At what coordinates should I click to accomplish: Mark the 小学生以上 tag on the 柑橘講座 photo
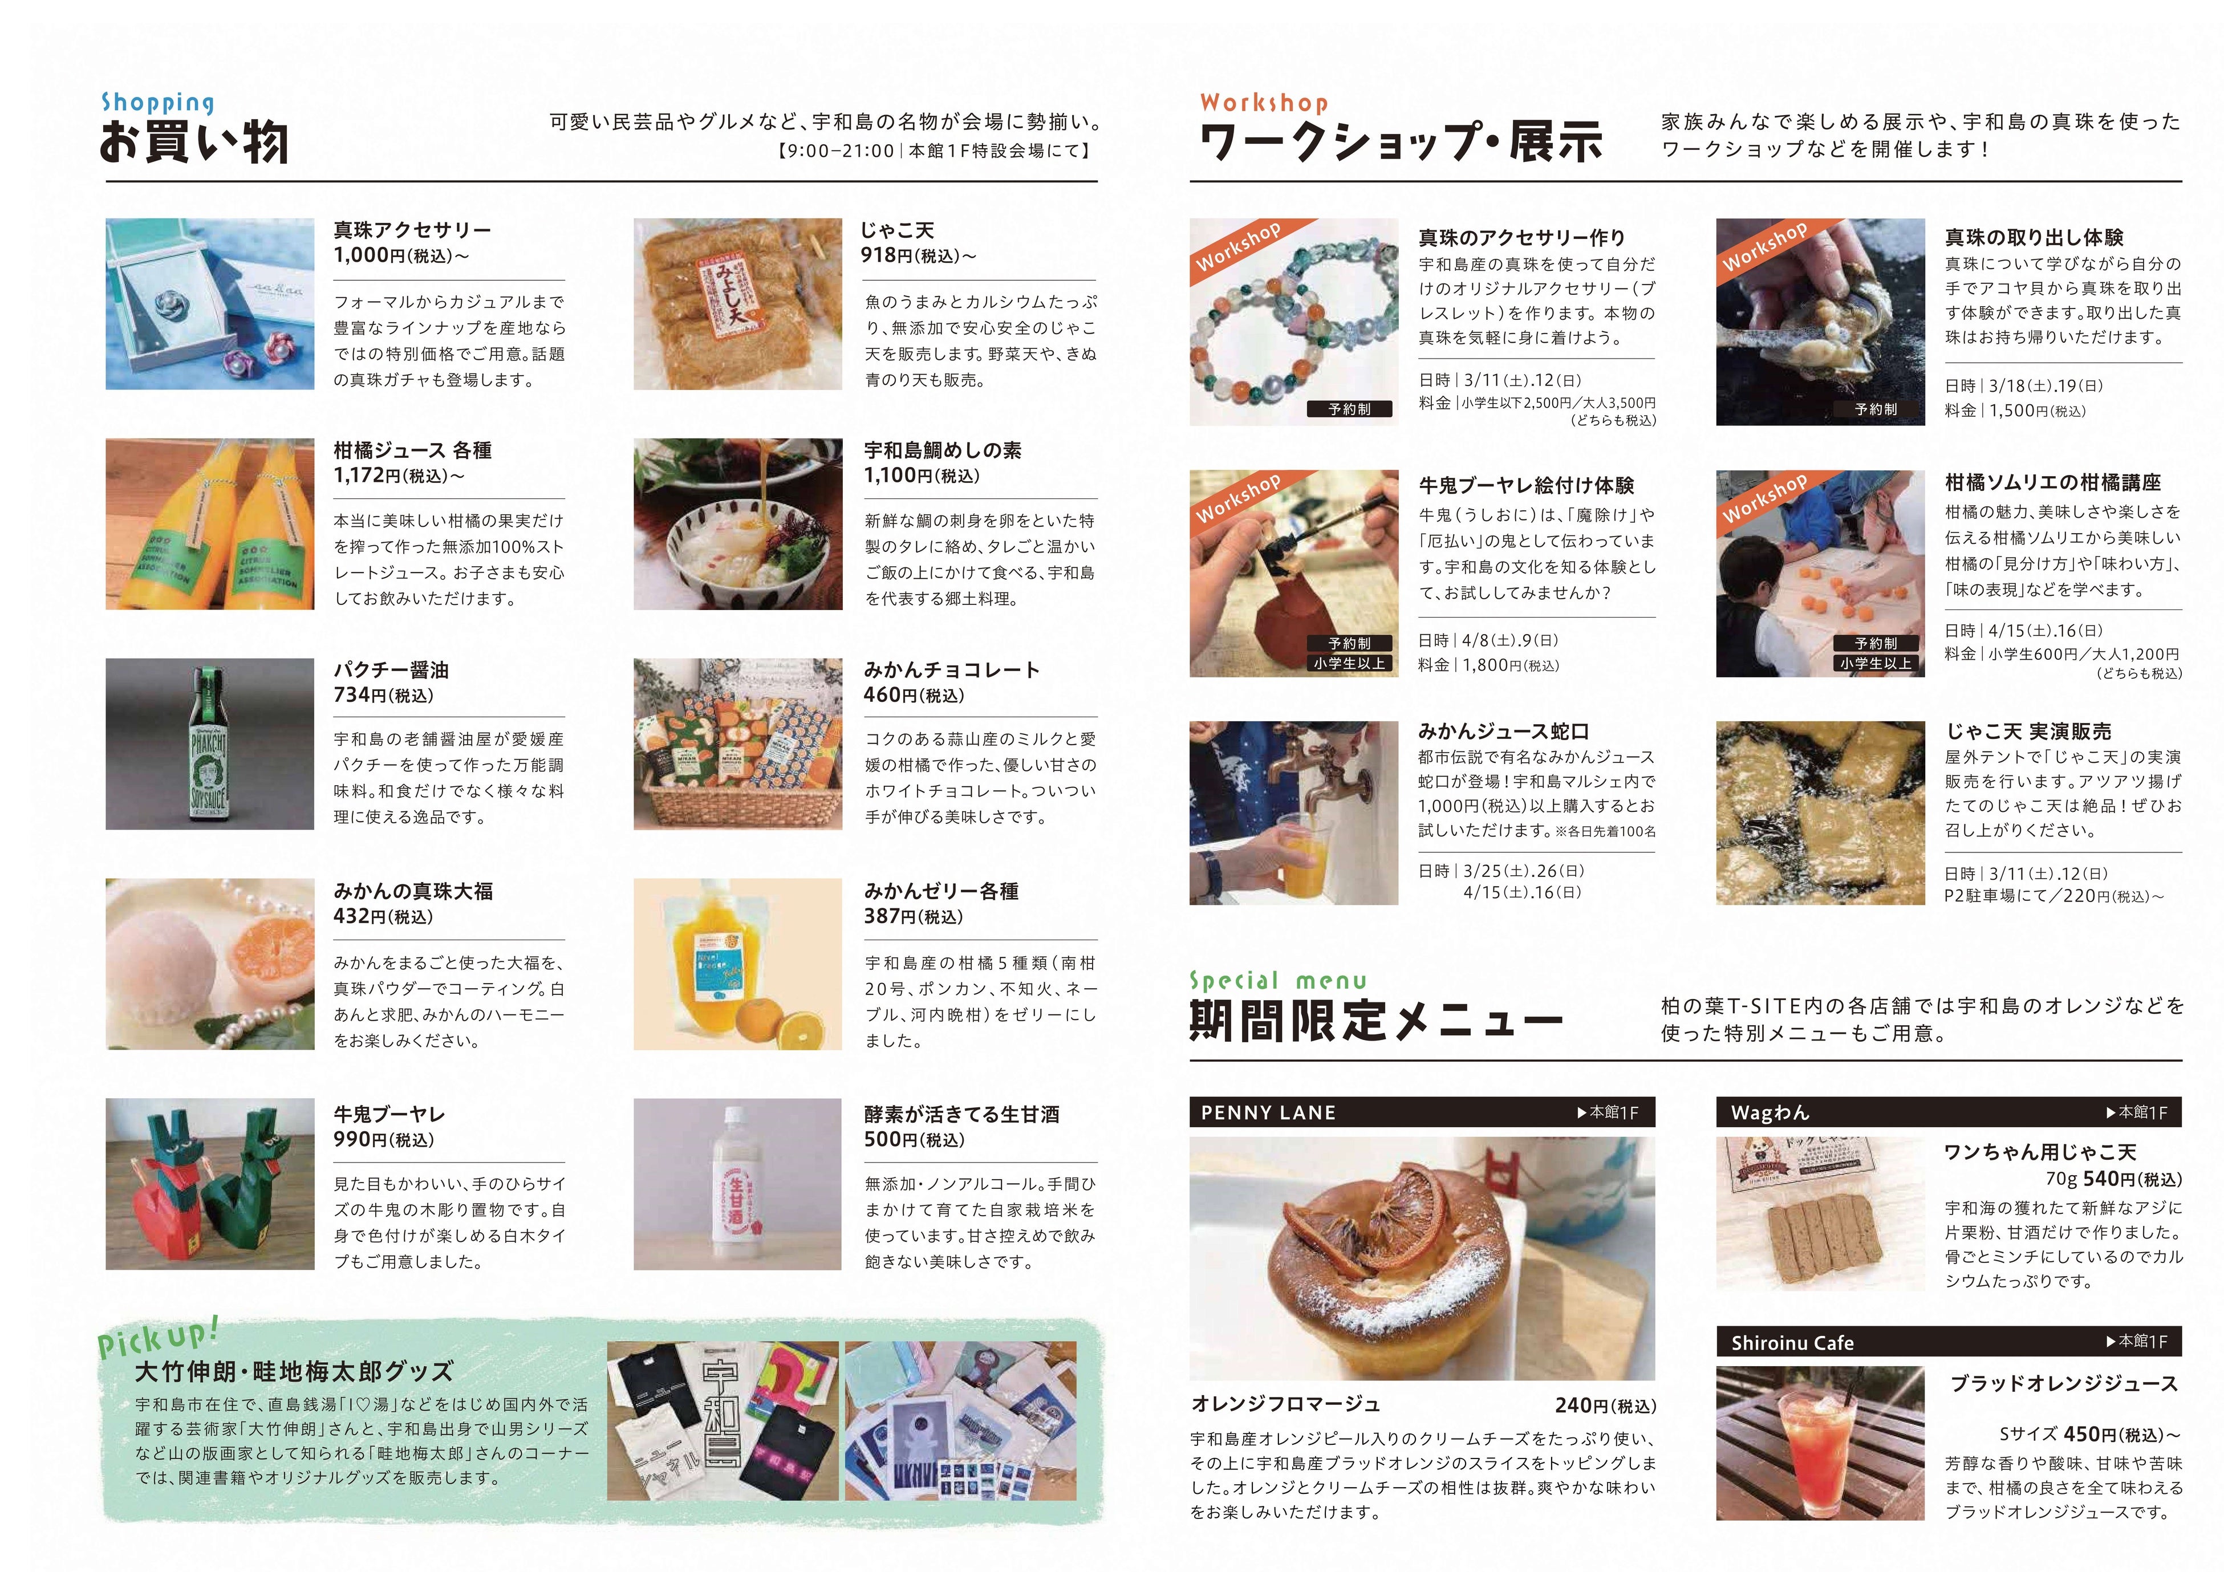[x=1876, y=664]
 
